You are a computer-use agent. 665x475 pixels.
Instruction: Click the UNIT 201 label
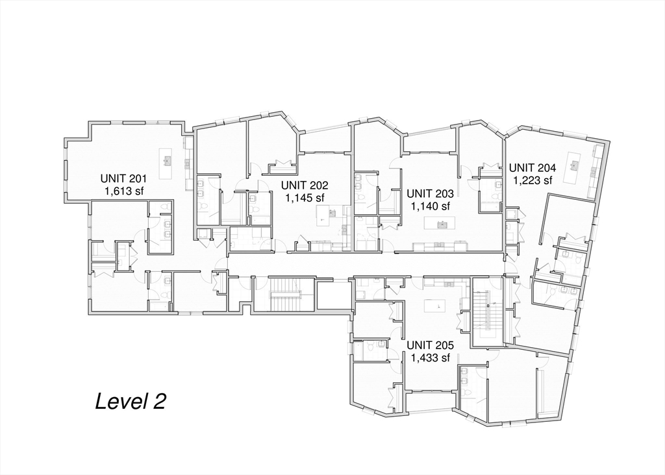124,178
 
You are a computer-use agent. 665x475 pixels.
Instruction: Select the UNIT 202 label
305,185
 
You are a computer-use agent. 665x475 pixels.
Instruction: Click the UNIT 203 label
430,193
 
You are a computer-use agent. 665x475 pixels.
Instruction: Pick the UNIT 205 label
430,345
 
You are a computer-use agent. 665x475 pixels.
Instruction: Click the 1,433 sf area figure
430,357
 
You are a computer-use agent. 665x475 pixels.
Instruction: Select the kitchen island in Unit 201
168,160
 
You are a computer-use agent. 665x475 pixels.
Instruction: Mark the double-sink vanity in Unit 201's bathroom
164,234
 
